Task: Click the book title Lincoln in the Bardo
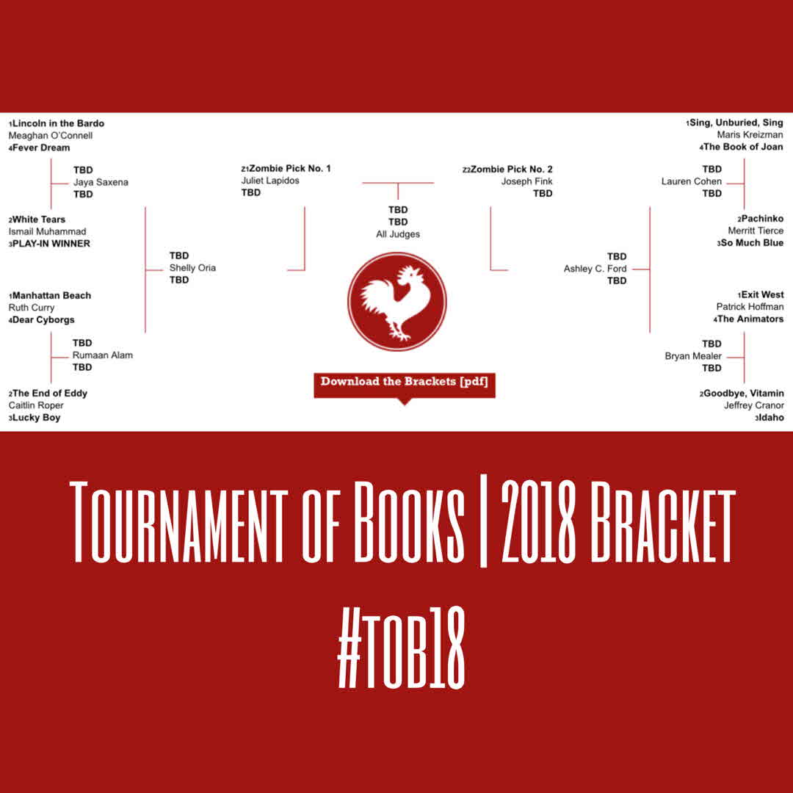[x=58, y=123]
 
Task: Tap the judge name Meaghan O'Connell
[x=51, y=135]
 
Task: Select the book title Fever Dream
[x=41, y=148]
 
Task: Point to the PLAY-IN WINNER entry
[x=51, y=243]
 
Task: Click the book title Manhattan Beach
[x=51, y=295]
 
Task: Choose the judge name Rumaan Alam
[x=102, y=355]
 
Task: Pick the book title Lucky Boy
[x=36, y=417]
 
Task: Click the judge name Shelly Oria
[x=192, y=267]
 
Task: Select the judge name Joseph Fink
[x=526, y=181]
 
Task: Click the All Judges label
[x=398, y=234]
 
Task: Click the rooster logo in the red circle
[x=396, y=301]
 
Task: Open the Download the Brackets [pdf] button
[x=404, y=381]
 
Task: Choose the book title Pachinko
[x=762, y=218]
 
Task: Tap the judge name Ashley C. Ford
[x=595, y=269]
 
